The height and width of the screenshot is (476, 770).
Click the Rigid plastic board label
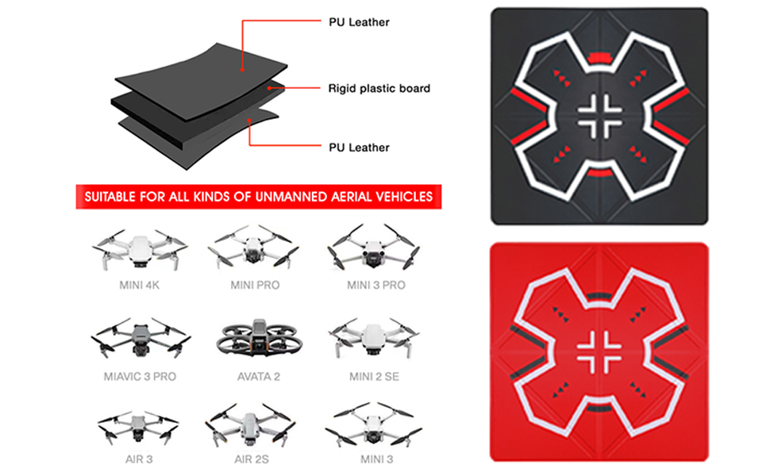click(x=379, y=88)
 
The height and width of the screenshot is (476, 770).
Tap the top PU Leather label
click(x=359, y=22)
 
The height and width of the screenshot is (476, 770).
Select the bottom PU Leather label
click(x=359, y=148)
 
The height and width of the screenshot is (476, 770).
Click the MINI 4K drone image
click(x=140, y=249)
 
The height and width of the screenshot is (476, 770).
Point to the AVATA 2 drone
click(x=258, y=339)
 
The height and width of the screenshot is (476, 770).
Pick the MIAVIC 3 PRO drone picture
click(x=141, y=338)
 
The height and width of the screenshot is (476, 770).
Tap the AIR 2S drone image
click(x=251, y=425)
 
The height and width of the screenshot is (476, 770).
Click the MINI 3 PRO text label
click(x=376, y=285)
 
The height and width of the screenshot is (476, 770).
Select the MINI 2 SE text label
click(x=374, y=376)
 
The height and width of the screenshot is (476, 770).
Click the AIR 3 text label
click(x=139, y=459)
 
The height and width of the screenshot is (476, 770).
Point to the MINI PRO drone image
click(x=253, y=247)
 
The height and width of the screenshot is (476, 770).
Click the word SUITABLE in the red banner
click(x=110, y=197)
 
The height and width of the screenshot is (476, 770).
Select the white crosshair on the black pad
click(x=599, y=117)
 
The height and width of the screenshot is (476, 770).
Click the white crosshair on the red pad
click(x=599, y=352)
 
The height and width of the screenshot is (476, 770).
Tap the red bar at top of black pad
click(x=599, y=59)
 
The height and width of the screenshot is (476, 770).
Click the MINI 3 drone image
click(x=374, y=425)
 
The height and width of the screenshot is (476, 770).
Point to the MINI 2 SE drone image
click(x=374, y=338)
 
